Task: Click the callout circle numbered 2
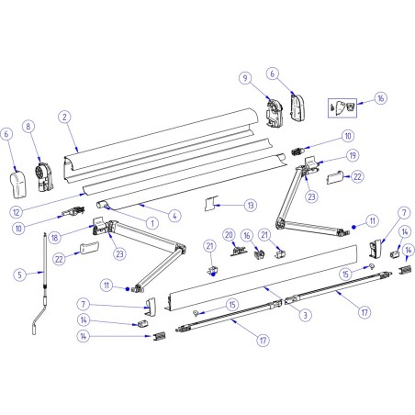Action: [x=63, y=117]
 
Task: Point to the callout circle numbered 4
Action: [x=175, y=216]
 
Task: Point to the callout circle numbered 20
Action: [x=230, y=235]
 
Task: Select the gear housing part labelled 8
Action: [x=44, y=173]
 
